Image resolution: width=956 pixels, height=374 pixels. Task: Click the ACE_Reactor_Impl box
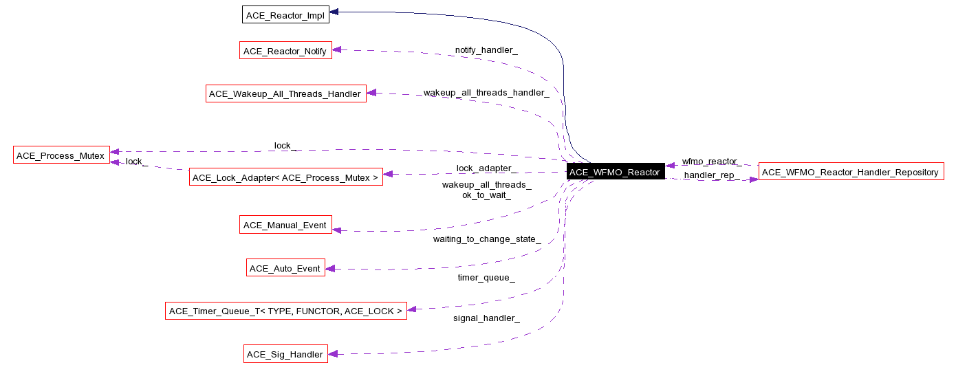coord(285,14)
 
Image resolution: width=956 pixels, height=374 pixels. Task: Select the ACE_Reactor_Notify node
coord(285,51)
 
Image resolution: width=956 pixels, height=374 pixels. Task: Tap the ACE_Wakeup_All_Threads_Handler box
coord(285,93)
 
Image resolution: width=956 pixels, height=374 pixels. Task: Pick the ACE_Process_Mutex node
coord(61,155)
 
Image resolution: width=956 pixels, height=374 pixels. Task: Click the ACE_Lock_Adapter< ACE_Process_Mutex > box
coord(285,177)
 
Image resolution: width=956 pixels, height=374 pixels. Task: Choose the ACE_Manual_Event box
coord(285,225)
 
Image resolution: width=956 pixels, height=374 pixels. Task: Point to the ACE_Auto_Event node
coord(285,268)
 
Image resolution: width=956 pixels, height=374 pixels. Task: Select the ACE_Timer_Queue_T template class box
coord(285,311)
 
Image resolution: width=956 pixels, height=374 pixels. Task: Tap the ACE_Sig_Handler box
coord(285,354)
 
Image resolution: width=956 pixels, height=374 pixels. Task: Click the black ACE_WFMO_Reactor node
coord(615,172)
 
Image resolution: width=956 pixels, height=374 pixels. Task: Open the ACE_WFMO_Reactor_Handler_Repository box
coord(851,172)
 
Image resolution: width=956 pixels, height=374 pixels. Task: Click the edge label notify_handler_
coord(486,50)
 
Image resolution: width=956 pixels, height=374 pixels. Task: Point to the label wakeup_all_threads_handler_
coord(486,92)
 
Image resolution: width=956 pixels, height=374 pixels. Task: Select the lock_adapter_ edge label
coord(486,168)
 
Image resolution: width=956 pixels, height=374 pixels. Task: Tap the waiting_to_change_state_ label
coord(486,239)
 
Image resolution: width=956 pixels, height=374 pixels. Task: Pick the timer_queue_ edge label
coord(486,277)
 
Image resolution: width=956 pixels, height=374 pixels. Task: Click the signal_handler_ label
coord(486,318)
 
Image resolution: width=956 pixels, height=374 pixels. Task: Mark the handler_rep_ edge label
coord(709,175)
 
